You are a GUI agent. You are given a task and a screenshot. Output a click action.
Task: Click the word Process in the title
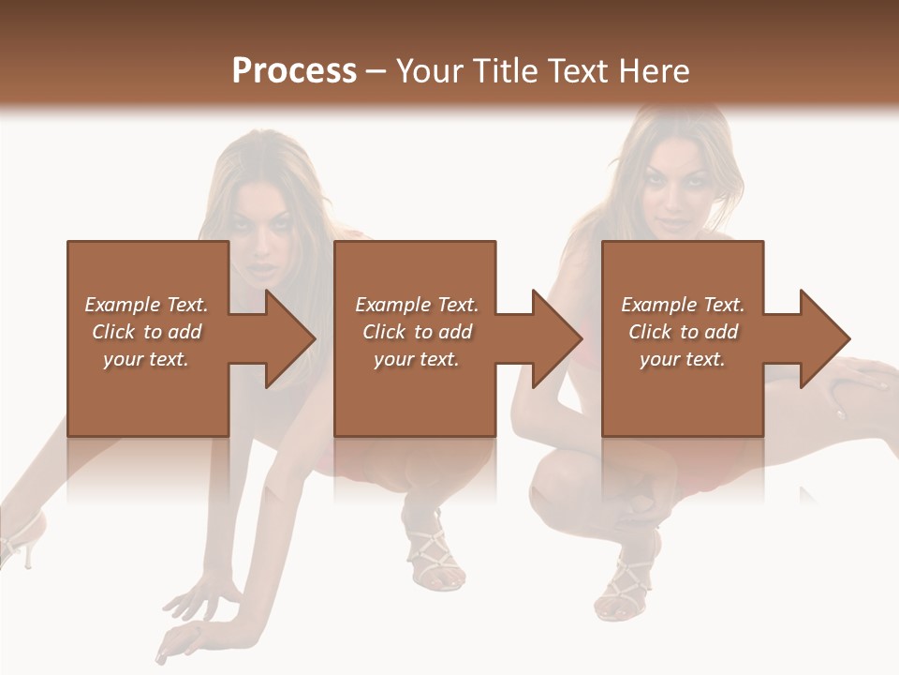pos(294,71)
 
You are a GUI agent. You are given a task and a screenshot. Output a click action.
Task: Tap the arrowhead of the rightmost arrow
pos(823,338)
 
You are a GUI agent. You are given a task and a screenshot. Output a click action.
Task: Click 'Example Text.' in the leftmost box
pos(146,305)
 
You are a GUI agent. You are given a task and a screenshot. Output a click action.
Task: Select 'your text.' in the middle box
pos(416,359)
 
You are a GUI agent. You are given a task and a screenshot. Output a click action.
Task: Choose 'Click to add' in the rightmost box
pos(684,332)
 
